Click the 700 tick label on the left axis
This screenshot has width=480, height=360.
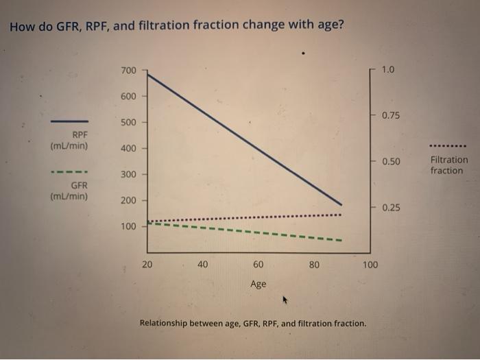click(x=128, y=71)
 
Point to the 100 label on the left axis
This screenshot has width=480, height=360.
click(x=128, y=226)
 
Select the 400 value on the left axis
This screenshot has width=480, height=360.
click(x=128, y=149)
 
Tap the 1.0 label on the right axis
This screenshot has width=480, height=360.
click(x=388, y=70)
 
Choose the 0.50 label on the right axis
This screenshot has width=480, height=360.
click(x=391, y=162)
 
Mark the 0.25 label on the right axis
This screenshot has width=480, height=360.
click(x=391, y=207)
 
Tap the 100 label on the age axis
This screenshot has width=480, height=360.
click(x=370, y=264)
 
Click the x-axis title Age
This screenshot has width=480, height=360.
click(x=258, y=284)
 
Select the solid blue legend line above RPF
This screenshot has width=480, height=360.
click(x=69, y=121)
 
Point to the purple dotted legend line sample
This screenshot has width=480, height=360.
click(x=448, y=146)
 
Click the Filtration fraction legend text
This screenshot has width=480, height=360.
click(x=449, y=165)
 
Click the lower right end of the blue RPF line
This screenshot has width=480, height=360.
click(x=341, y=204)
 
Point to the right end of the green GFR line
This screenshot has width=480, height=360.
click(x=341, y=241)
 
